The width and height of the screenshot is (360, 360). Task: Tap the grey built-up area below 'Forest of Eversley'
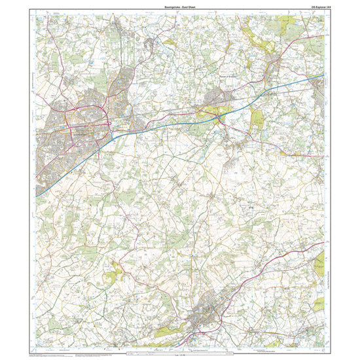coord(219,101)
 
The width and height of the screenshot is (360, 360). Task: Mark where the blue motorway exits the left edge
coord(37,194)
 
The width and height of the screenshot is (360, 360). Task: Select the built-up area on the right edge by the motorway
coord(319,92)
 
